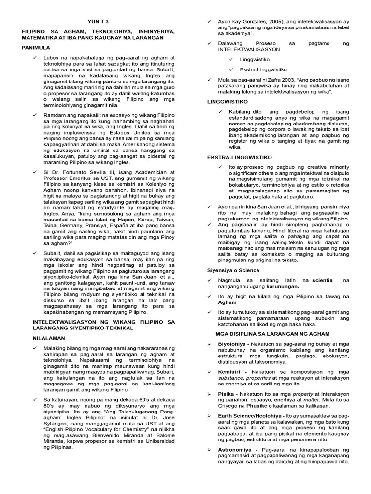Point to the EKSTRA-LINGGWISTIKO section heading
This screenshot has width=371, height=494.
click(240, 157)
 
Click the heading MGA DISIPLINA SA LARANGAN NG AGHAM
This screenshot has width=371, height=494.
click(272, 334)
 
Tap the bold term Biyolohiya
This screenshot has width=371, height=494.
click(234, 344)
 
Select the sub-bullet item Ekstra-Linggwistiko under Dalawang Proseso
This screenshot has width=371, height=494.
click(263, 69)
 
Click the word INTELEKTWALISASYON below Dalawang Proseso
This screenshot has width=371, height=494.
click(243, 49)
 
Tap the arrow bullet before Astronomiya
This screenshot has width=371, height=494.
click(210, 449)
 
